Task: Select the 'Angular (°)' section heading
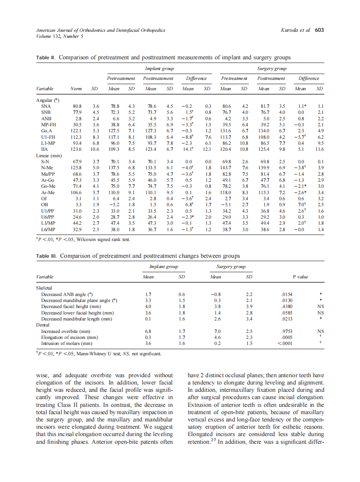tap(48, 100)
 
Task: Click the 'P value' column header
tap(300, 277)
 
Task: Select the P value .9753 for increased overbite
tap(287, 332)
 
